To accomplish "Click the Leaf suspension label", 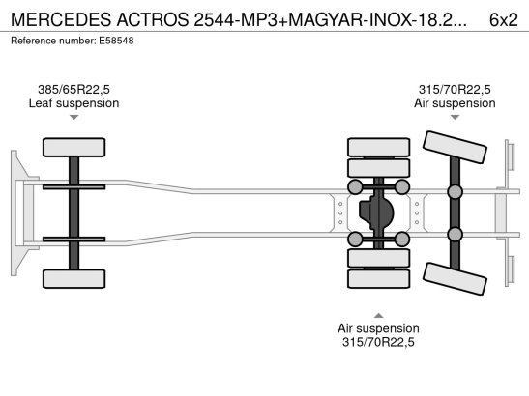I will pos(73,102).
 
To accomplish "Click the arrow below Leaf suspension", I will pos(73,117).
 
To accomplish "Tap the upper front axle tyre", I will pos(73,148).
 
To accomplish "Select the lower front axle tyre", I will pos(73,278).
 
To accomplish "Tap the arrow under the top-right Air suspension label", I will pos(455,117).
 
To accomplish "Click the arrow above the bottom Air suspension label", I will pos(378,314).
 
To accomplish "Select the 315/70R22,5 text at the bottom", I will pos(378,343).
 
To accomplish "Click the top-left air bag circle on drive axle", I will pos(356,186).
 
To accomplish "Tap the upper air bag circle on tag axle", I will pos(454,191).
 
